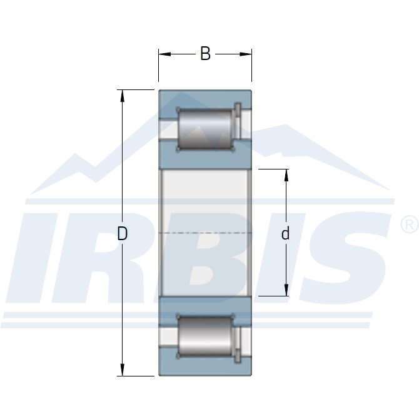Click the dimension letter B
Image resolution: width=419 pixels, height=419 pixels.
[205, 54]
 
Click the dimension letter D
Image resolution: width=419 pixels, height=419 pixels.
[123, 233]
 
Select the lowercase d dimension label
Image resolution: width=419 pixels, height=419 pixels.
[285, 233]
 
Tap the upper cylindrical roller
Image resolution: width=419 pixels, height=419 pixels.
[205, 129]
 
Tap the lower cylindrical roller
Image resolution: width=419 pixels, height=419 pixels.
[205, 336]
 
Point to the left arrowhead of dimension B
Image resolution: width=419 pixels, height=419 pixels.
[164, 54]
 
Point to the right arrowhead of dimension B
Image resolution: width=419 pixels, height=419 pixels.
[246, 54]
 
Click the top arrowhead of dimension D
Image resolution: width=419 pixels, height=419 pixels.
[123, 96]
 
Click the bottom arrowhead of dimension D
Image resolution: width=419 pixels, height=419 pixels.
[123, 370]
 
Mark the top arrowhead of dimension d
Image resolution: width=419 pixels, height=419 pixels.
[286, 175]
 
